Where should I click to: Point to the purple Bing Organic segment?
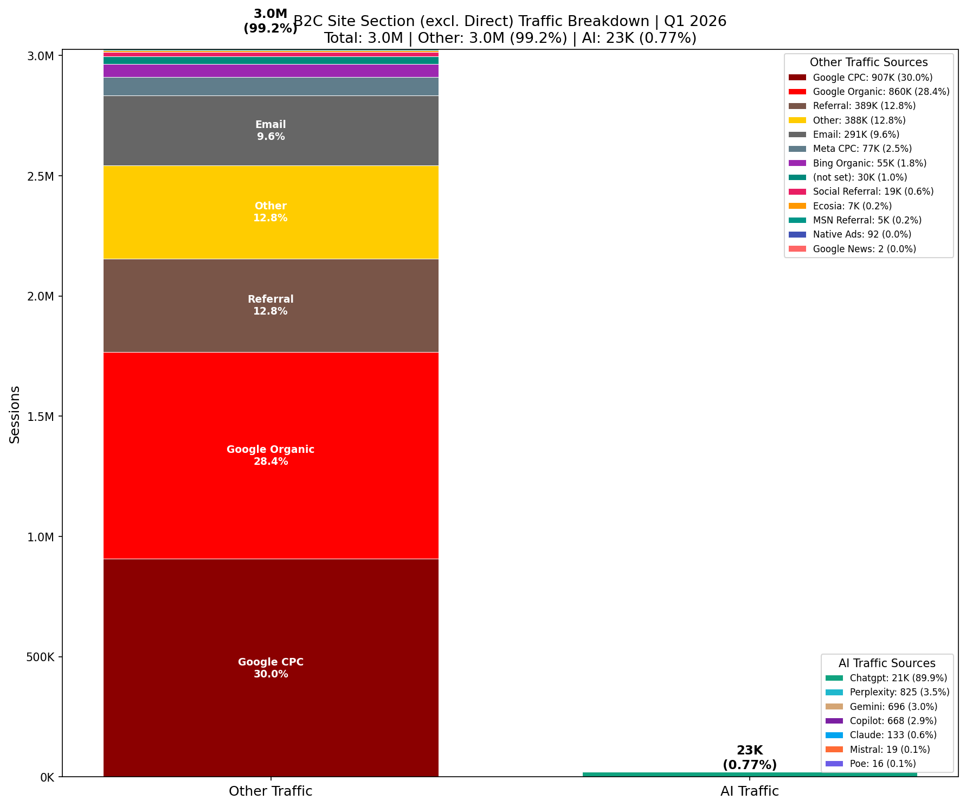coord(271,71)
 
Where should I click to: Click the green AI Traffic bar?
coord(749,775)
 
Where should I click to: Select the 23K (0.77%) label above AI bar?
coord(749,758)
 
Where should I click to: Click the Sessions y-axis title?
coord(15,414)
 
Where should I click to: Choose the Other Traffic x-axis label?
coord(271,791)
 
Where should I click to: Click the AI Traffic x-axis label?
coord(749,791)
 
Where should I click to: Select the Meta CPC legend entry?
coord(862,149)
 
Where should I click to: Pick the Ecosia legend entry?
coord(852,206)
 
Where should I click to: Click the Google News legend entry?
coord(864,249)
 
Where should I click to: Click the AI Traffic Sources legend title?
coord(887,663)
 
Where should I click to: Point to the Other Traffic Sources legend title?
coord(868,62)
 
